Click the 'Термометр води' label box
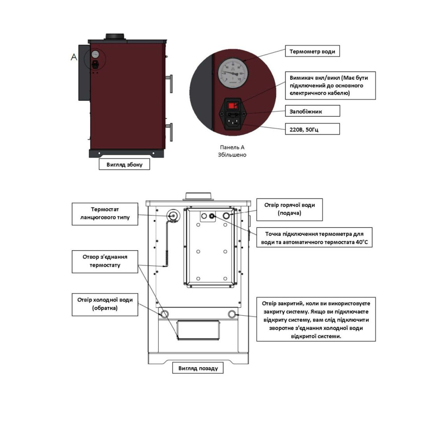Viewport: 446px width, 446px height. tap(312, 51)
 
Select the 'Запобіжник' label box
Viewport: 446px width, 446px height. tap(312, 111)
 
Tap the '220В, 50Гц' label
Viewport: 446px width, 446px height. tap(312, 129)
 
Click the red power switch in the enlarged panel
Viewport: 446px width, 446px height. tap(233, 106)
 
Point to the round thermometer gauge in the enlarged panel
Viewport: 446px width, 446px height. tap(233, 73)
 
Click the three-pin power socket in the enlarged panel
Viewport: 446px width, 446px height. tap(233, 122)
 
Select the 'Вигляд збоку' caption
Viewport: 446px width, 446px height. tap(124, 165)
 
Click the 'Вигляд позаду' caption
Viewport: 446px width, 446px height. tap(198, 368)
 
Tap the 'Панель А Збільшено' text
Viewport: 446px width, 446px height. tap(232, 151)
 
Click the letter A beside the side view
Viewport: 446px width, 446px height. tap(74, 57)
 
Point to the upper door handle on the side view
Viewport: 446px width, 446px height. tap(170, 83)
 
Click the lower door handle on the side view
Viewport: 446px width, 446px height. tap(170, 132)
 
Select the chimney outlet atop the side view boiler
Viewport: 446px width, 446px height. tap(115, 37)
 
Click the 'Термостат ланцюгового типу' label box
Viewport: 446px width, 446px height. tap(105, 214)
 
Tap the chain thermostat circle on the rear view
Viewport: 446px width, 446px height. tap(173, 216)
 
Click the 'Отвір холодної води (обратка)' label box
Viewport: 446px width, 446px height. tap(105, 305)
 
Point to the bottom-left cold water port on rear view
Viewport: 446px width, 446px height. tap(165, 314)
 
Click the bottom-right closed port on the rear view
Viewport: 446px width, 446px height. tap(232, 314)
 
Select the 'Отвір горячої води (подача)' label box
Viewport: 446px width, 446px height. tap(289, 210)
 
